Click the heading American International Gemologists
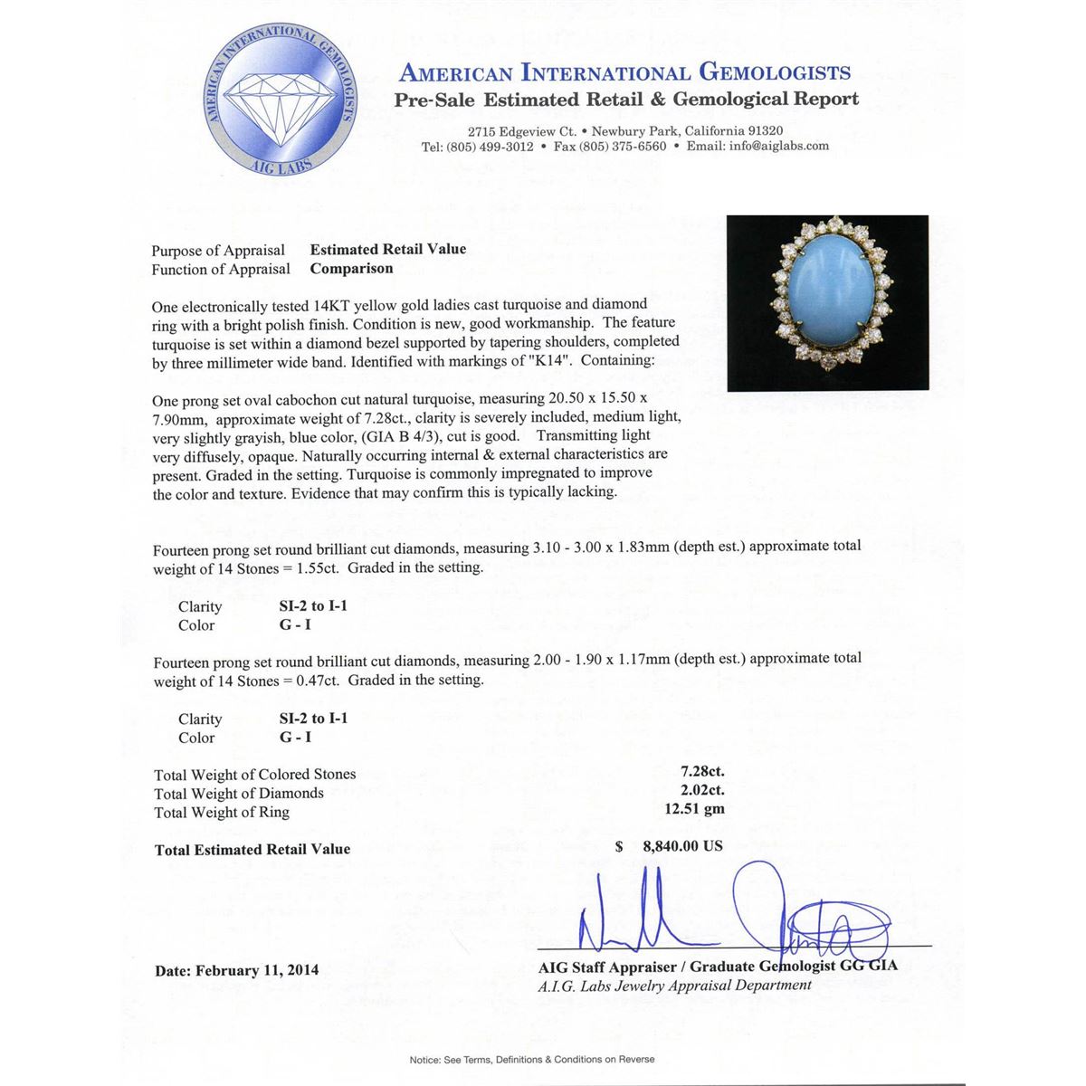pos(624,73)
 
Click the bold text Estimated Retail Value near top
pos(388,250)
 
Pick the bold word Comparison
pos(351,269)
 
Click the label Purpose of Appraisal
pos(218,251)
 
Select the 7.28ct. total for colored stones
pos(702,773)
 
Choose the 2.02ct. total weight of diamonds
pos(702,791)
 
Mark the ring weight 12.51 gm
pos(694,809)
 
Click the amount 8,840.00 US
pos(682,846)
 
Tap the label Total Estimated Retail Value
pos(252,849)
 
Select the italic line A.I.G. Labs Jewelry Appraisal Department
pos(674,986)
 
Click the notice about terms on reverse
pos(532,1059)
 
